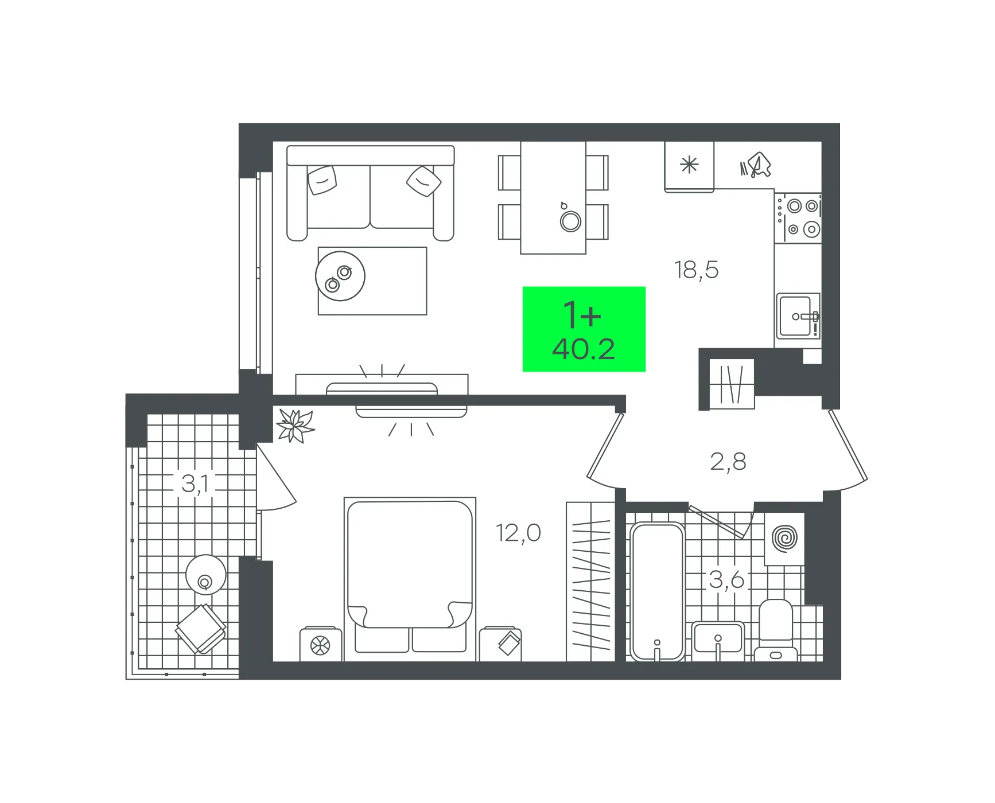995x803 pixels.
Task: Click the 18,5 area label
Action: click(696, 270)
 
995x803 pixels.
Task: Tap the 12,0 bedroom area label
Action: click(518, 533)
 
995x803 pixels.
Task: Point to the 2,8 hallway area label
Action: click(728, 461)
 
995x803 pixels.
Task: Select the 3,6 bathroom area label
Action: click(726, 580)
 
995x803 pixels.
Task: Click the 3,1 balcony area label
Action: click(195, 484)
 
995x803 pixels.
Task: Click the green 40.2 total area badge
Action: click(584, 329)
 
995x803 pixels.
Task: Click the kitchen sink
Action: click(798, 316)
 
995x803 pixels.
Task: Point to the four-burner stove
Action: click(798, 217)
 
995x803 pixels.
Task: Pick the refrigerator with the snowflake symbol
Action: click(689, 166)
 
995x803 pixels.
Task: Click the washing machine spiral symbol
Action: click(784, 538)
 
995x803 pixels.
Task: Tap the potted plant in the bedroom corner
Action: click(295, 426)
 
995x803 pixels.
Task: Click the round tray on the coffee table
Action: click(340, 276)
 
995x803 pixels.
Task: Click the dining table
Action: click(553, 197)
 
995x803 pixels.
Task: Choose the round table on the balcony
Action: click(205, 575)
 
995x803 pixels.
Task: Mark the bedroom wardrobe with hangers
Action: click(590, 582)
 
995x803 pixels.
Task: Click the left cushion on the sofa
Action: click(322, 180)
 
